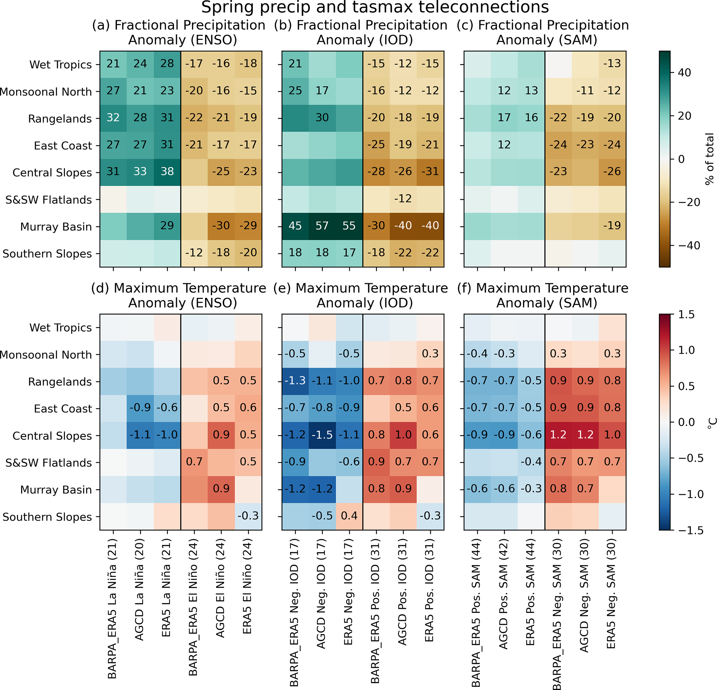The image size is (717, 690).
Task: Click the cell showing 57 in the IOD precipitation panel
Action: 322,226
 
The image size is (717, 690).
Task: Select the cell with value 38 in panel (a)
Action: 167,172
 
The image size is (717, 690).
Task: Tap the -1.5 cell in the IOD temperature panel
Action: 322,435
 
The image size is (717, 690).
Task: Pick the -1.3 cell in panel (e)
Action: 295,381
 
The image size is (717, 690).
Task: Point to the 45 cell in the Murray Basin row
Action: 295,226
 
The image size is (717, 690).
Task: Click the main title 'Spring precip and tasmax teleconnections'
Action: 375,7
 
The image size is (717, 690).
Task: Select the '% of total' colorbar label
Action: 709,159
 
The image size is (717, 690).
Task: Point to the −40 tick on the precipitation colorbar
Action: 689,245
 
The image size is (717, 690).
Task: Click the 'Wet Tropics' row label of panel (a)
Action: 60,65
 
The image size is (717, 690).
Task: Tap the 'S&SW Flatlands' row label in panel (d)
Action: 48,463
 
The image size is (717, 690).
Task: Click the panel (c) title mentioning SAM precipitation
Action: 547,32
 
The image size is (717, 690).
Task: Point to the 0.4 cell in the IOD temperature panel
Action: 349,516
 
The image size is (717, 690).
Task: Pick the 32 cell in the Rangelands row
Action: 113,118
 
